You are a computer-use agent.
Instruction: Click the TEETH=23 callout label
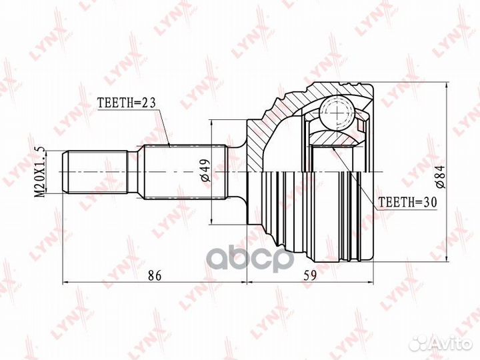(127, 103)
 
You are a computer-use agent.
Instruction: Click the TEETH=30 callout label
(407, 202)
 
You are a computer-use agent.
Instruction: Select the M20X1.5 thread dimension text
(40, 172)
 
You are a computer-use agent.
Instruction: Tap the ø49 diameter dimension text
(206, 170)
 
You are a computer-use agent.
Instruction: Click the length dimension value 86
(155, 275)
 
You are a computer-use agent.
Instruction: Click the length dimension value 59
(310, 275)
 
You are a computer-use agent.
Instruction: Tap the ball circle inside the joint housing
(337, 113)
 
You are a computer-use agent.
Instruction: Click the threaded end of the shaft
(95, 172)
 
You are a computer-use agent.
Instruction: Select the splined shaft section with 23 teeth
(185, 172)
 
